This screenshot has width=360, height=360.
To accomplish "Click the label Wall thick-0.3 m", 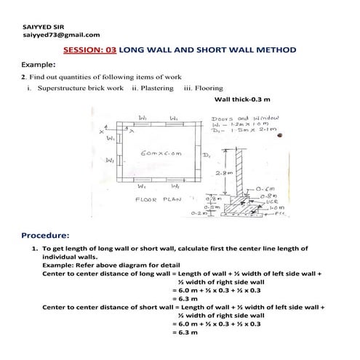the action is (x=243, y=100).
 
